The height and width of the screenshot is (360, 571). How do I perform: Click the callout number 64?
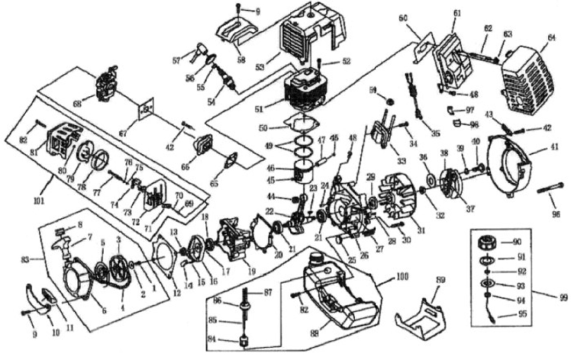pyautogui.click(x=551, y=38)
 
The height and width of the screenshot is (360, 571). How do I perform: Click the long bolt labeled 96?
pyautogui.click(x=551, y=189)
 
